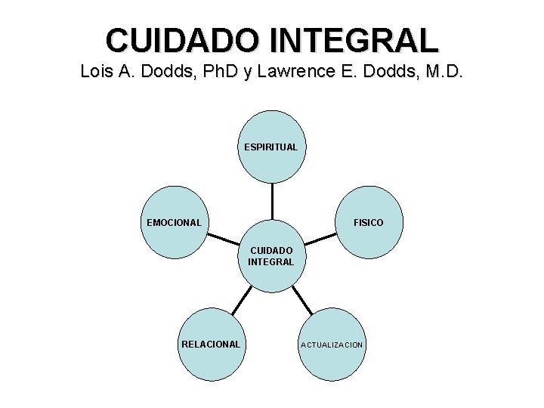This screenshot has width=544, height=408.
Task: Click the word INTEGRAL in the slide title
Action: pyautogui.click(x=362, y=40)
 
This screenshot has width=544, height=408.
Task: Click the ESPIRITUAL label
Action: pyautogui.click(x=271, y=147)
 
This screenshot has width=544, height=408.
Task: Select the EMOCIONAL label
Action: pyautogui.click(x=174, y=223)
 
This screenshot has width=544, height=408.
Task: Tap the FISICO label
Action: pyautogui.click(x=368, y=223)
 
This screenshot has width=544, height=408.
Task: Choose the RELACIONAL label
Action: pyautogui.click(x=211, y=344)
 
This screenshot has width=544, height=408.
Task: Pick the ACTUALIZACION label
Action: pyautogui.click(x=332, y=345)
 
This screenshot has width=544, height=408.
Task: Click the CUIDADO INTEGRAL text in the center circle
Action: pyautogui.click(x=271, y=255)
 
